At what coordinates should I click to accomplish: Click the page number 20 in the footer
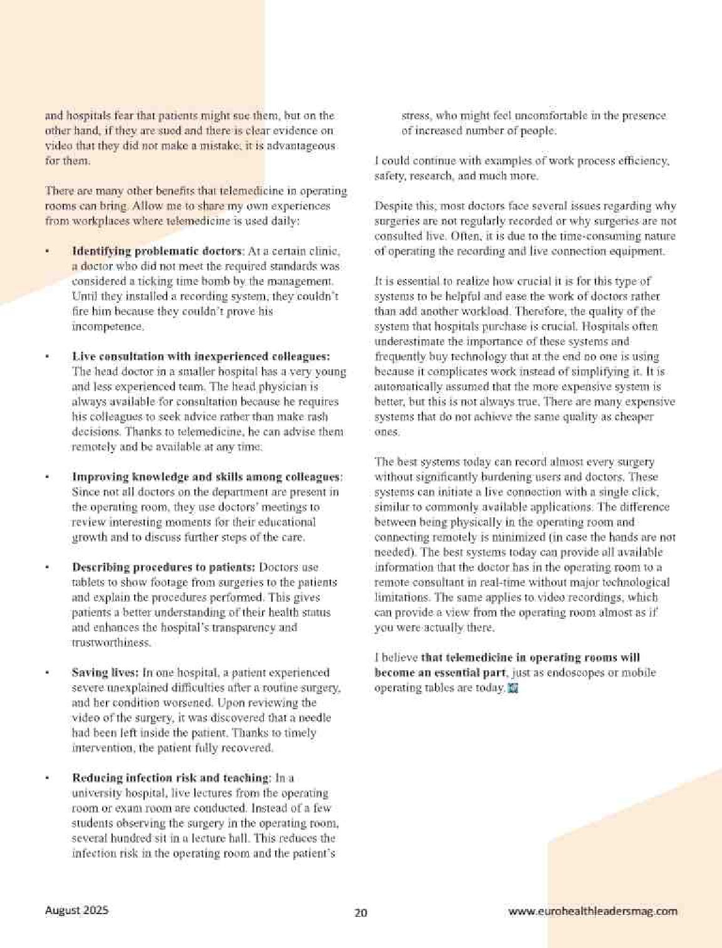click(x=360, y=912)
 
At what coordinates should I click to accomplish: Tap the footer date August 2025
click(x=76, y=910)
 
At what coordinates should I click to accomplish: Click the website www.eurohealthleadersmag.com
click(x=593, y=912)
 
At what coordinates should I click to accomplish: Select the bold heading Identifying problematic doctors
click(x=157, y=251)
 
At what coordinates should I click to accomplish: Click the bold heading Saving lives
click(x=105, y=673)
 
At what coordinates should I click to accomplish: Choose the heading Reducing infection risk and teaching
click(x=170, y=778)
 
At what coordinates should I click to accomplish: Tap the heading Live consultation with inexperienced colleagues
click(x=201, y=357)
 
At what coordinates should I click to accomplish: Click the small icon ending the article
click(x=513, y=688)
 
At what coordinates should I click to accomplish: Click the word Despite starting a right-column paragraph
click(x=394, y=206)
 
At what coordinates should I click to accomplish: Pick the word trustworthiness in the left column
click(x=111, y=643)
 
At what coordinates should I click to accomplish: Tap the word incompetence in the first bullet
click(x=107, y=327)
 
